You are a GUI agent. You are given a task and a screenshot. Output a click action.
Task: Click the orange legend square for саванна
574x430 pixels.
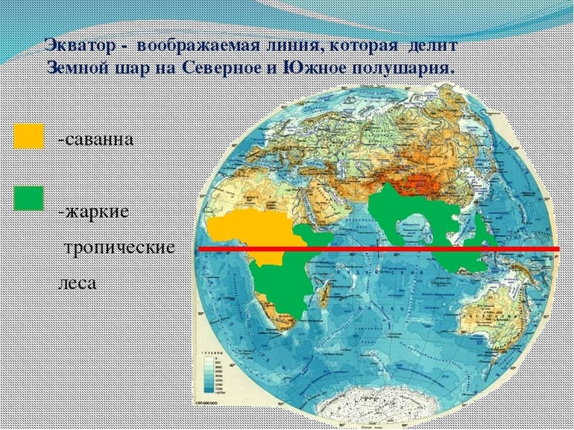[x=29, y=137]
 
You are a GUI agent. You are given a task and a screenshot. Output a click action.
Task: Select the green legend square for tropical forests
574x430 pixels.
[x=29, y=197]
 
